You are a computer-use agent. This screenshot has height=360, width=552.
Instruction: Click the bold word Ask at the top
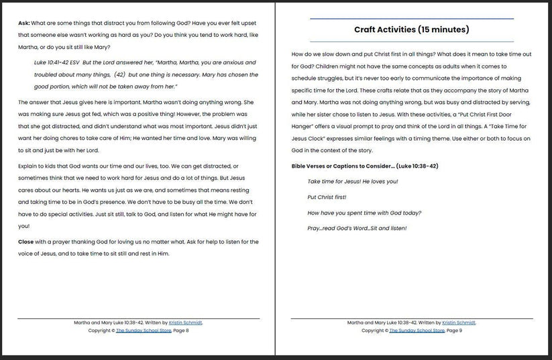[x=24, y=22]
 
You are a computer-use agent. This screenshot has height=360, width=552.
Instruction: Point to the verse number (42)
[x=120, y=74]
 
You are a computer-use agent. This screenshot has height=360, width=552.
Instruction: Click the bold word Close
[x=26, y=241]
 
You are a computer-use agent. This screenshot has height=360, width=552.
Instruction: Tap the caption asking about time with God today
[x=364, y=213]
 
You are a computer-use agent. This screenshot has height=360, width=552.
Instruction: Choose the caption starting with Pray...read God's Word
[x=357, y=228]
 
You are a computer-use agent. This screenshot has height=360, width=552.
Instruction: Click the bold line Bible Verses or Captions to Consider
[x=365, y=166]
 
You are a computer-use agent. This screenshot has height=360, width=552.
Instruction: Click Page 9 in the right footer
[x=454, y=331]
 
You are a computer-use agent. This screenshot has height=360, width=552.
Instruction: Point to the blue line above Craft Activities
[x=412, y=19]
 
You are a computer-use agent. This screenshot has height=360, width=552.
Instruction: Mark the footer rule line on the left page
[x=138, y=318]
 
